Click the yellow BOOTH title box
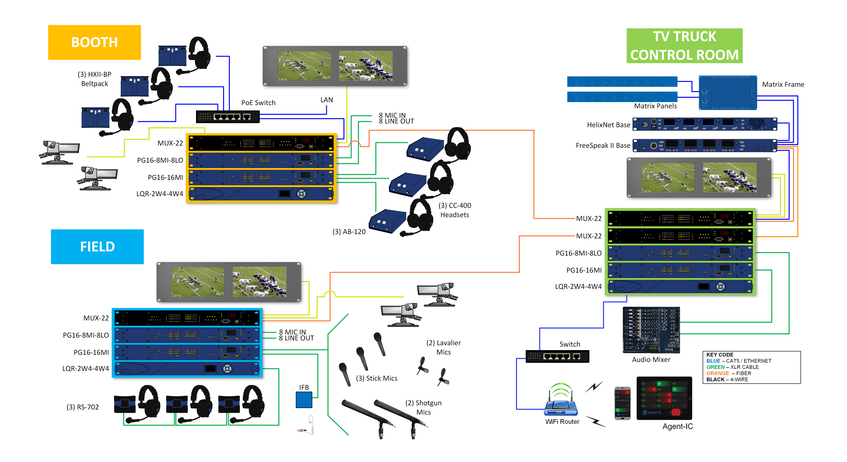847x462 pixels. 94,42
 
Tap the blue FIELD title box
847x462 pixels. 97,247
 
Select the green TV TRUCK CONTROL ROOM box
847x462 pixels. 684,46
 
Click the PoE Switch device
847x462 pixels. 227,117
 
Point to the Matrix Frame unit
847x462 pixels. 727,92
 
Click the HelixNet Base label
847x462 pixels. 608,125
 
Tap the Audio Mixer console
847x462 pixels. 651,330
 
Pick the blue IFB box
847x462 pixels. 304,400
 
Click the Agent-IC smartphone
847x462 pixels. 622,403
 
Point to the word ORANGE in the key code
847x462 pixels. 717,373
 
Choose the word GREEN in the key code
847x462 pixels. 715,367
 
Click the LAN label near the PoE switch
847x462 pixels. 326,100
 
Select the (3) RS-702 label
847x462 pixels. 83,407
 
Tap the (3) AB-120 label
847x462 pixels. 349,232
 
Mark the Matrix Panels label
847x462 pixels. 655,106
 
